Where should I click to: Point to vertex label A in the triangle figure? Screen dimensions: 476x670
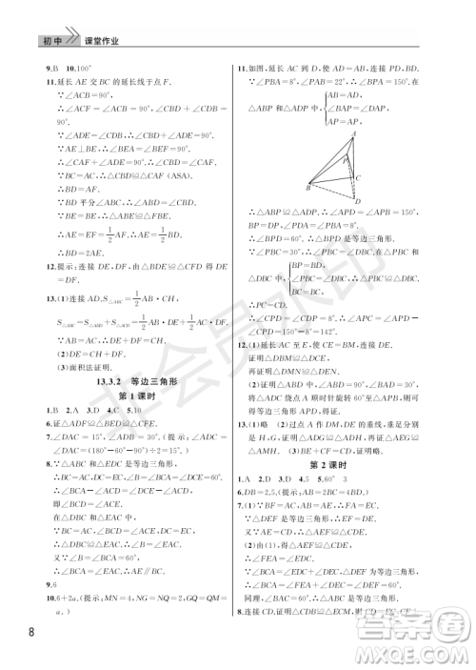click(x=353, y=134)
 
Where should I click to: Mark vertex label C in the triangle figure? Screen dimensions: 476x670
click(x=358, y=177)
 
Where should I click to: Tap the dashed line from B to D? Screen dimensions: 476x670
click(x=333, y=196)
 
